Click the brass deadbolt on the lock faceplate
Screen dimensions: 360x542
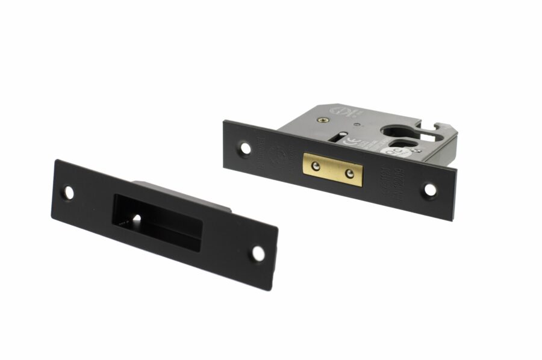point(333,169)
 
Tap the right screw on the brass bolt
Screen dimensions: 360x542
point(349,175)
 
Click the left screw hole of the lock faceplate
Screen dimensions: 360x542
point(245,147)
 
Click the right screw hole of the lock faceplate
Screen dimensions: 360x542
point(430,190)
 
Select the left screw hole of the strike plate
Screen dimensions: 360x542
point(69,193)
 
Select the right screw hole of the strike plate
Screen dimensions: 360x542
point(258,253)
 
